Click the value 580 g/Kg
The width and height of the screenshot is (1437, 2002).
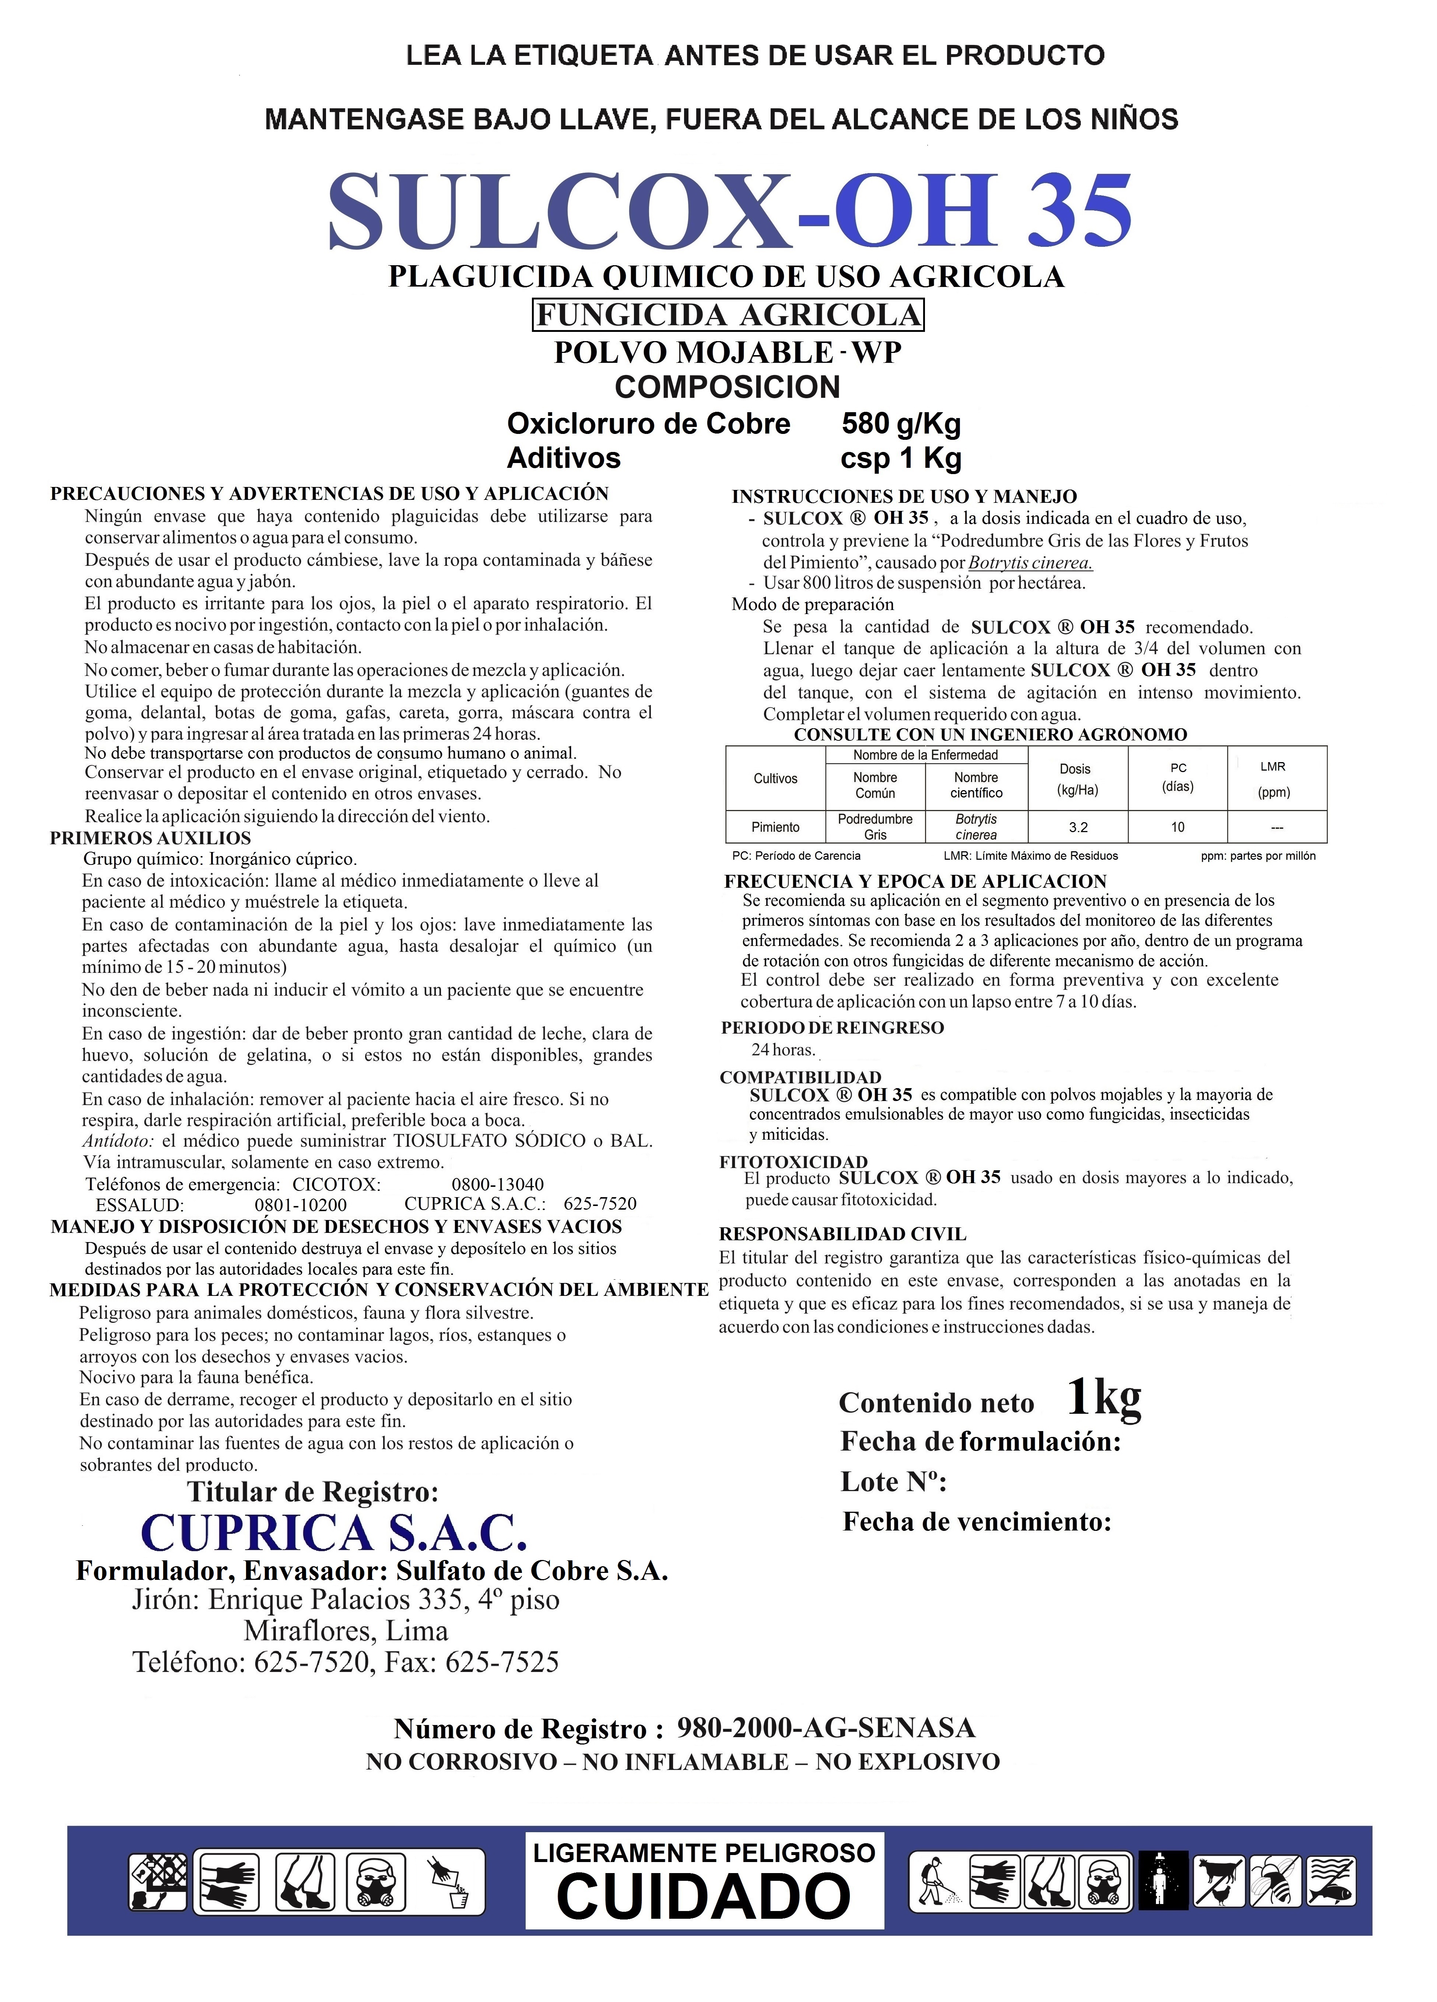pos(900,424)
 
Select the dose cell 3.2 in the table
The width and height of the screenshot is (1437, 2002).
pos(1078,827)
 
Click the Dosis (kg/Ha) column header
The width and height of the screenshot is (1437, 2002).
pos(1077,779)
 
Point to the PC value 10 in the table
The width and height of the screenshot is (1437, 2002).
pos(1178,827)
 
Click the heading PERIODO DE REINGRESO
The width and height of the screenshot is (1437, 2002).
pos(831,1027)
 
